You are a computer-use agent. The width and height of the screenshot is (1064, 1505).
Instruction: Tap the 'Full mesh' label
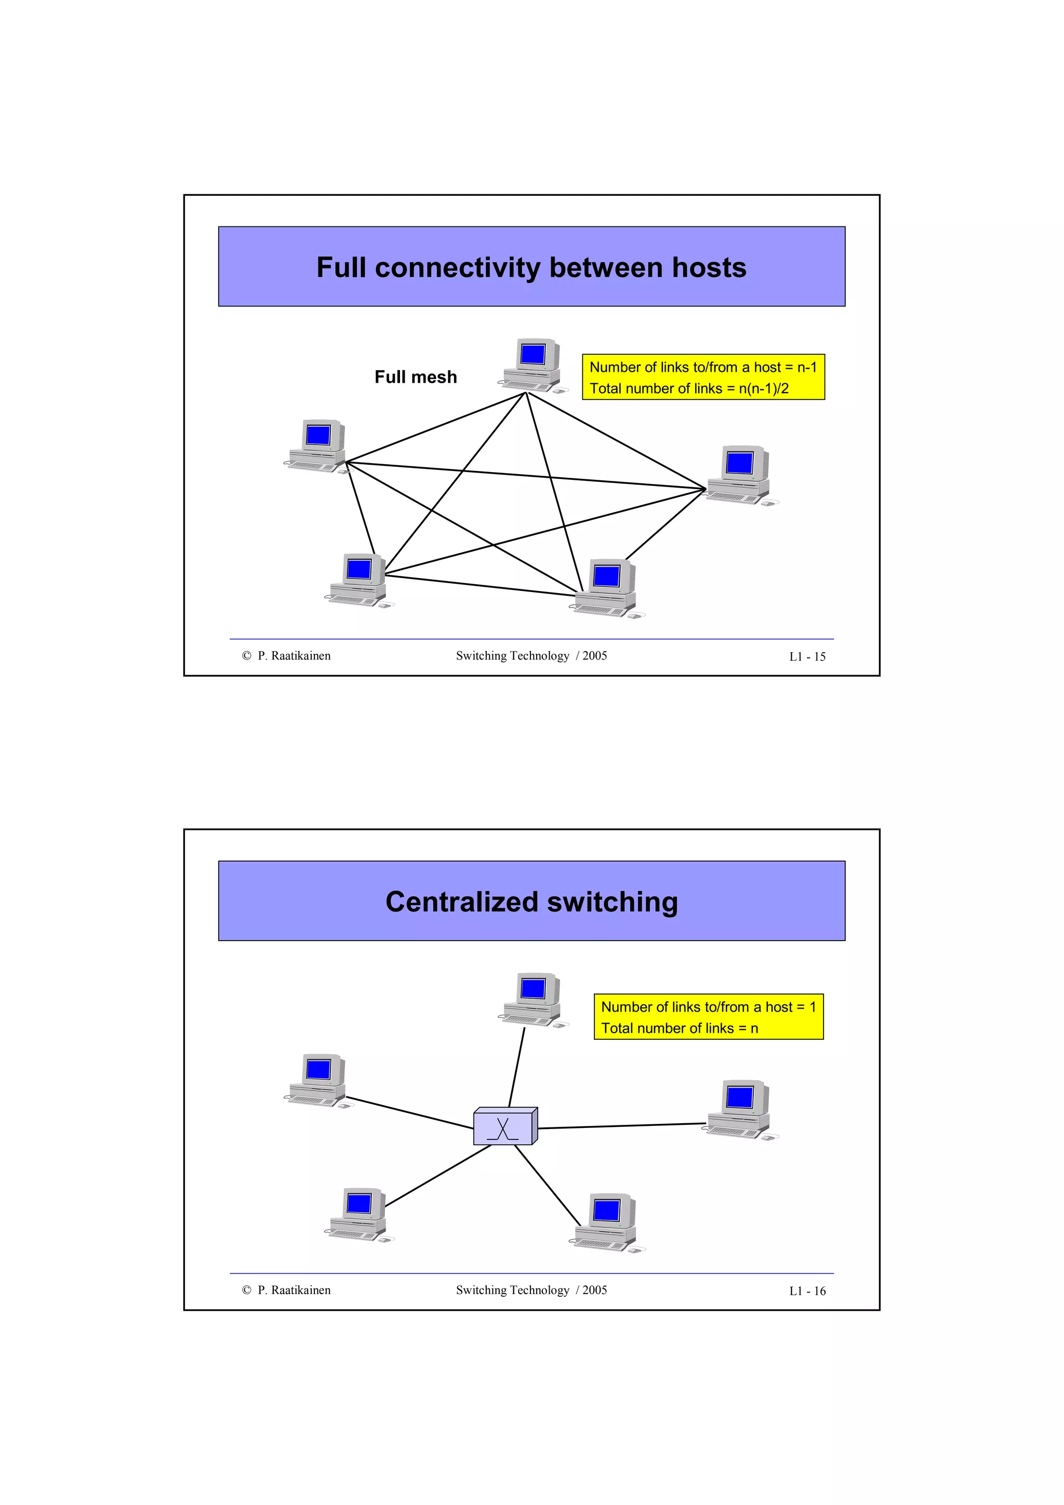[416, 377]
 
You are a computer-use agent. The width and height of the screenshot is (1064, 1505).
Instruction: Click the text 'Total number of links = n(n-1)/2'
[688, 388]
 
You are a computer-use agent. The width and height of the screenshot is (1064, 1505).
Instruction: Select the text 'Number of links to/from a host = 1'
[708, 1007]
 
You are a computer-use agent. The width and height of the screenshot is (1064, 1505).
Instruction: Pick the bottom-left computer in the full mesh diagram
[358, 580]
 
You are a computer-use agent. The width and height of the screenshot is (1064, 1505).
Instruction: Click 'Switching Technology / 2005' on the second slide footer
[531, 1290]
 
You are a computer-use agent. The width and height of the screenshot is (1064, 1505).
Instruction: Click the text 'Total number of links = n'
[679, 1028]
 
